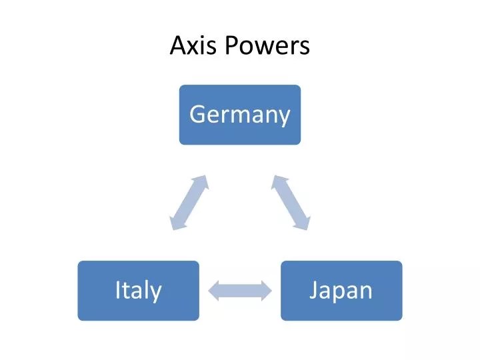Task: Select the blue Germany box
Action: (x=239, y=115)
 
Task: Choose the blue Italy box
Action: (x=138, y=290)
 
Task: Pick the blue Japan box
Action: (x=341, y=290)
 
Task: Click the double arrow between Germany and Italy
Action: (x=189, y=203)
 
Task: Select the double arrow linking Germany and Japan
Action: (x=291, y=203)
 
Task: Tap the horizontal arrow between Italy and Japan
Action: (x=240, y=290)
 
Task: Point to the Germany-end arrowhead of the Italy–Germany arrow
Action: (x=202, y=182)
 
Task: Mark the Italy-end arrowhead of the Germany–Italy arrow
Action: (x=175, y=223)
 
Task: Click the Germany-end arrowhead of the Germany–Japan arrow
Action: (x=278, y=182)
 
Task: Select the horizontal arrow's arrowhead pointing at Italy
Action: (x=215, y=290)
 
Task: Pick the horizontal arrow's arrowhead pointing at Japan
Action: (x=265, y=290)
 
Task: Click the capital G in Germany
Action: (x=197, y=115)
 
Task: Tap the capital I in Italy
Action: (x=117, y=290)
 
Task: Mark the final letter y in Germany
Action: (x=285, y=118)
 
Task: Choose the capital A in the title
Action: (x=177, y=45)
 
